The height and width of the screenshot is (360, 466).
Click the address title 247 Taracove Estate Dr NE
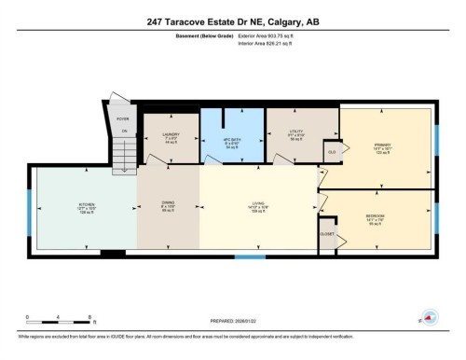[x=232, y=21]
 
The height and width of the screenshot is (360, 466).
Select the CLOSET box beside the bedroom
[x=327, y=234]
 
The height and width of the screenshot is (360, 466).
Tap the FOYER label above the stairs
[x=122, y=119]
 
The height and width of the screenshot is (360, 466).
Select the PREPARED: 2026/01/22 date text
[x=233, y=323]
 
